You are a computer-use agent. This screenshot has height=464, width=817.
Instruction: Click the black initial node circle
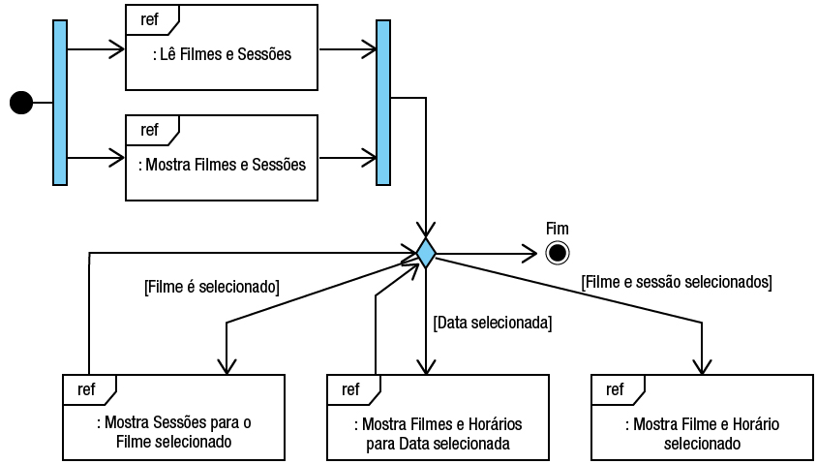[x=20, y=102]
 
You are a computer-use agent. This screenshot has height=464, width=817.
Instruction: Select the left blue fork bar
[x=60, y=102]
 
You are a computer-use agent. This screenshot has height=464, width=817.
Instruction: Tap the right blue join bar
[x=382, y=102]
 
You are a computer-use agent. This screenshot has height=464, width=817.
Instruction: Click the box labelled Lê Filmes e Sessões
[x=222, y=55]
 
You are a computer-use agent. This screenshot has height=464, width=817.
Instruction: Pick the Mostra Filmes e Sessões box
[x=222, y=164]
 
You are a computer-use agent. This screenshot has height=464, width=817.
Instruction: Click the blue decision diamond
[x=425, y=252]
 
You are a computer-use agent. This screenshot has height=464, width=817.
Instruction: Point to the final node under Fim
[x=557, y=253]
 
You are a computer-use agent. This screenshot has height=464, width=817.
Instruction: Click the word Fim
[x=558, y=229]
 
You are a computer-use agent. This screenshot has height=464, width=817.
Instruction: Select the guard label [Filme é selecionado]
[x=211, y=286]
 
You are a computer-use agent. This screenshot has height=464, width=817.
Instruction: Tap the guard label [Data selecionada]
[x=493, y=322]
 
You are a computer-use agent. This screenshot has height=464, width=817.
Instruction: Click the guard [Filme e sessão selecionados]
[x=677, y=282]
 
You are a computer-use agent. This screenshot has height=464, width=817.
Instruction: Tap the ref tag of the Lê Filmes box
[x=150, y=19]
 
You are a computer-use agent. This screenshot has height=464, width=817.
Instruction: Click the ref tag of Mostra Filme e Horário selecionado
[x=615, y=389]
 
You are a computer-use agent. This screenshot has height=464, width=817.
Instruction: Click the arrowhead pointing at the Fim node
[x=530, y=253]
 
